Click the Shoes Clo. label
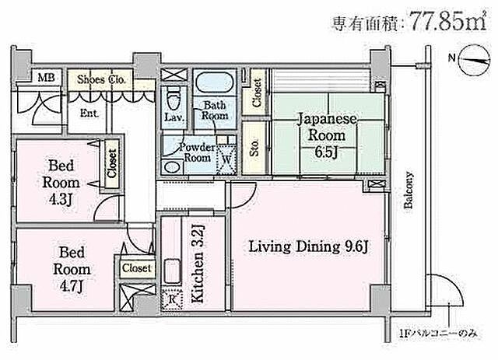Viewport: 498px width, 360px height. [x=102, y=79]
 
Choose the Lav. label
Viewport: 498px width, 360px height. [x=174, y=117]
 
